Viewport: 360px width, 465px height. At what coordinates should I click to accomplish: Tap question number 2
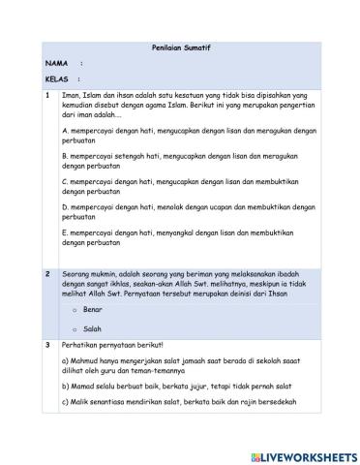(x=46, y=274)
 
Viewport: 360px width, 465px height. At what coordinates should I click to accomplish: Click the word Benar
(x=94, y=309)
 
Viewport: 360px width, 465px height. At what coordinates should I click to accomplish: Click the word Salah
(x=93, y=329)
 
